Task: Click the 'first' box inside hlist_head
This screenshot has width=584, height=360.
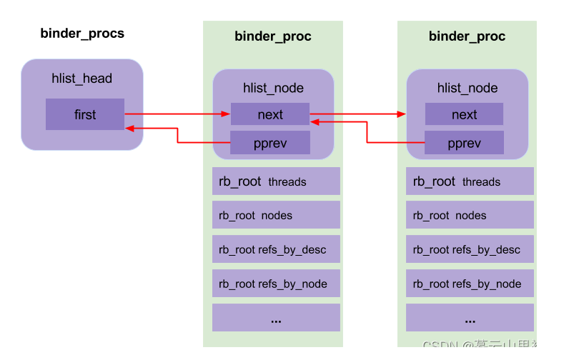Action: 84,114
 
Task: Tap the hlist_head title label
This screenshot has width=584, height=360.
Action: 82,79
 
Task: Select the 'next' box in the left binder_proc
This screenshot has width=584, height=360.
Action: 270,114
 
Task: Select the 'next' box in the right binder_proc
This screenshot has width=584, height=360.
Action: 464,114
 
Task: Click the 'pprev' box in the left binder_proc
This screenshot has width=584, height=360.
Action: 270,143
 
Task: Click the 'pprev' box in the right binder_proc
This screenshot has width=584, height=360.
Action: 464,143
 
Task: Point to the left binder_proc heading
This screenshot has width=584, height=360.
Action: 273,36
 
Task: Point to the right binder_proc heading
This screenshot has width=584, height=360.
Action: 467,36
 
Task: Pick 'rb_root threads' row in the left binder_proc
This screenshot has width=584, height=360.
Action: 276,181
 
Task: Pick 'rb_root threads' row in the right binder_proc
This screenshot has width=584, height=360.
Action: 470,181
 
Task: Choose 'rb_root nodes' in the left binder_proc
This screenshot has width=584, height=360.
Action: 276,215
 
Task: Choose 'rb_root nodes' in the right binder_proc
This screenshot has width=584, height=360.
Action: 470,215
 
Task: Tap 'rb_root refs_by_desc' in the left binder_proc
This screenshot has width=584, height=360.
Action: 276,249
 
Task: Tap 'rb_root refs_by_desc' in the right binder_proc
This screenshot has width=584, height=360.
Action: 470,249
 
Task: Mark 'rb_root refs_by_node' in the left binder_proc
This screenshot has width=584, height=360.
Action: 276,284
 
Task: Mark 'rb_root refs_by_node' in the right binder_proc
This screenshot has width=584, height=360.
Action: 470,284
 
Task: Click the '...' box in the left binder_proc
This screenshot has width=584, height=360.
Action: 276,318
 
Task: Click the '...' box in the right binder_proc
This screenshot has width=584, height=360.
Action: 470,318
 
